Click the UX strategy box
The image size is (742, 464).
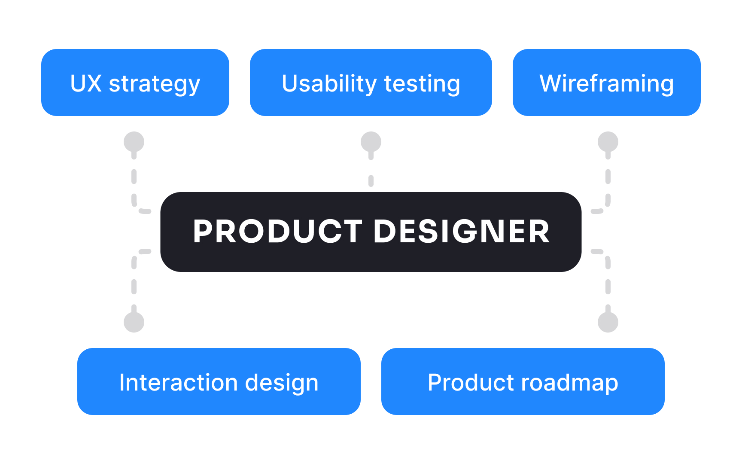[135, 82]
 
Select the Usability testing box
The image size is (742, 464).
[371, 82]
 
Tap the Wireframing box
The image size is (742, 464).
[606, 82]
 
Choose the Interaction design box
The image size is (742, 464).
[219, 382]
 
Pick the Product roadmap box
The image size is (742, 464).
[523, 382]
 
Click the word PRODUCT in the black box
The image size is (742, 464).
[277, 232]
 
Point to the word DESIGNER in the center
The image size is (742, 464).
[462, 232]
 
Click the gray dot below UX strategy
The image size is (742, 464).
[134, 142]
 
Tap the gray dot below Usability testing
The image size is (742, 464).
[371, 142]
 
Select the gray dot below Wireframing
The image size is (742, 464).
[608, 142]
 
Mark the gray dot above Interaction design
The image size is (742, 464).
[134, 322]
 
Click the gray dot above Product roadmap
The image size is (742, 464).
[608, 322]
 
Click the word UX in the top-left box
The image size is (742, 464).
[86, 83]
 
